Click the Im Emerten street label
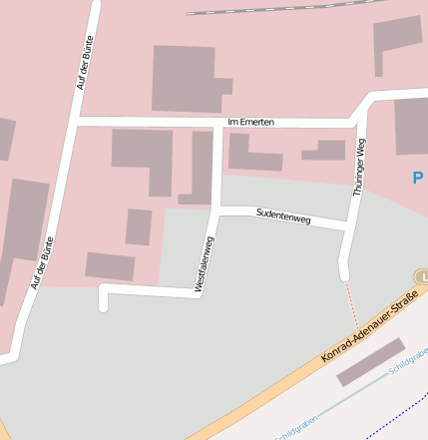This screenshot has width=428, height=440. (250, 122)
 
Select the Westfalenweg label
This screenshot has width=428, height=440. (205, 263)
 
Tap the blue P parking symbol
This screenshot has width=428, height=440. (418, 179)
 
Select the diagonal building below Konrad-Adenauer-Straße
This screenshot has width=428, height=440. (371, 361)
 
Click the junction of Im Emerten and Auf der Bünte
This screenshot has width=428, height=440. (76, 122)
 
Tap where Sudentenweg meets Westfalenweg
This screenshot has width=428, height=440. (217, 209)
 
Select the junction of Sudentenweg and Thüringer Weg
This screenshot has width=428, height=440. (348, 226)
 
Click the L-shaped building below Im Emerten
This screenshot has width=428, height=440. (144, 158)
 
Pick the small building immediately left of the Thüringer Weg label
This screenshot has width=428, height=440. (324, 151)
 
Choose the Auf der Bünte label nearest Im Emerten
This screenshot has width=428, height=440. (88, 62)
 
